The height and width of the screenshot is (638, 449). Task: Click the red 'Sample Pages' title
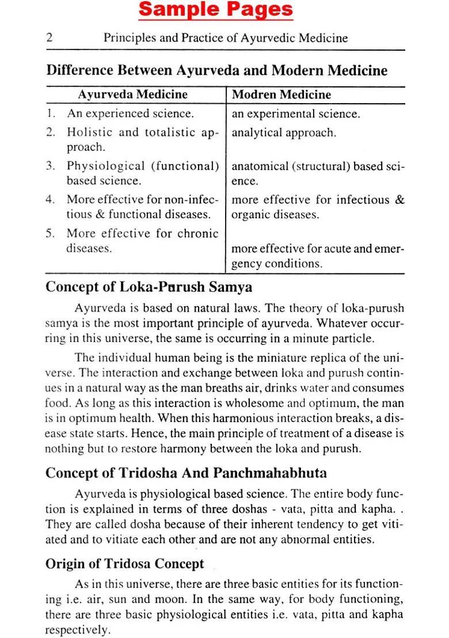click(216, 10)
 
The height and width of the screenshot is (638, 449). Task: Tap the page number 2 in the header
click(50, 38)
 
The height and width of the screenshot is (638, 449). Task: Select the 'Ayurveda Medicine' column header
click(132, 94)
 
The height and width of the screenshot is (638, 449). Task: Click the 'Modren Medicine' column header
click(281, 94)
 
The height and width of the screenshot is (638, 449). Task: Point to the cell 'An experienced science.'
click(130, 113)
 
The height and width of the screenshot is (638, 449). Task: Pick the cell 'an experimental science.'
click(296, 113)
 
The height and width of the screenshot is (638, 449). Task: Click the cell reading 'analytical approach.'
click(283, 132)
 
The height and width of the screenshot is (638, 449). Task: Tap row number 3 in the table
click(50, 166)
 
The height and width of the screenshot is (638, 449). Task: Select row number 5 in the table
click(50, 233)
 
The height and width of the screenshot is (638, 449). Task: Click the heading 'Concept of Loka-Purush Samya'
click(149, 286)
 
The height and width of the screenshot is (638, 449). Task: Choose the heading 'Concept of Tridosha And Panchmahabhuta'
click(186, 473)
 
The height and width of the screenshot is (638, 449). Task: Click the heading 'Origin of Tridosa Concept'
click(124, 564)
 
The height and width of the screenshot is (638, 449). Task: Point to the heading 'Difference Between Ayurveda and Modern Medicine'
click(216, 71)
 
